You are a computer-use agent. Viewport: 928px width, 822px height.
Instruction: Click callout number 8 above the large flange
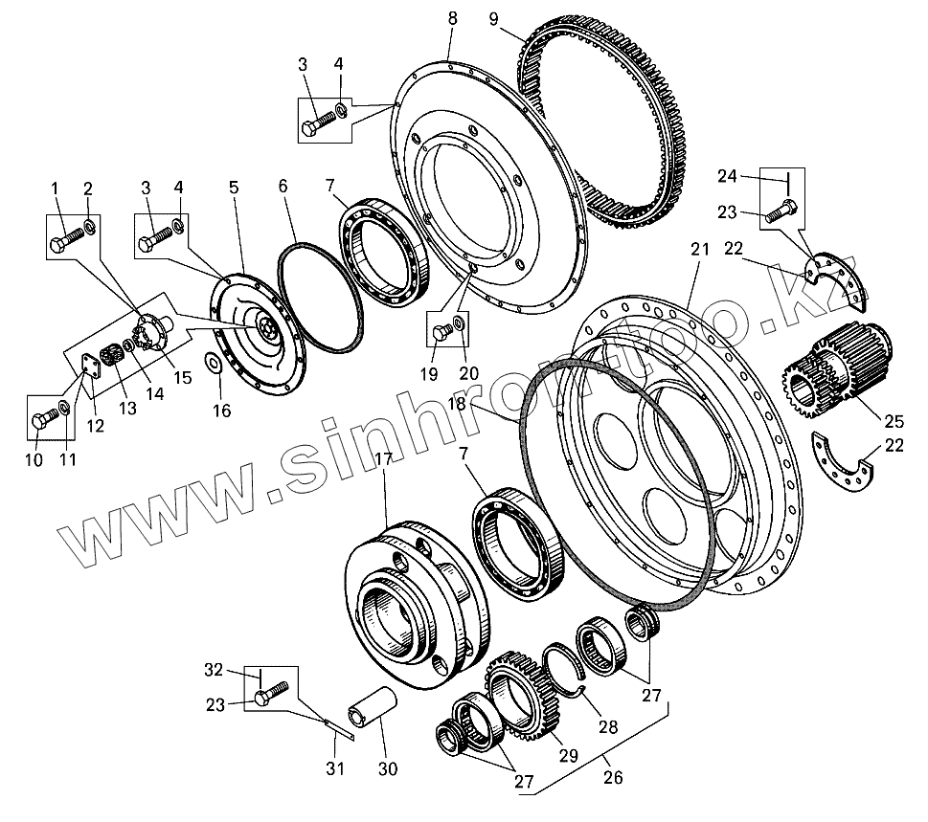pyautogui.click(x=452, y=18)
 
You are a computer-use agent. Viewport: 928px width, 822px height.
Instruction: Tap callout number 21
pyautogui.click(x=698, y=250)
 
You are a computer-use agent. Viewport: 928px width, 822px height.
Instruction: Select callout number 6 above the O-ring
pyautogui.click(x=283, y=188)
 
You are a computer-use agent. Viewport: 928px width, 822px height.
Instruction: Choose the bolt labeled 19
pyautogui.click(x=442, y=332)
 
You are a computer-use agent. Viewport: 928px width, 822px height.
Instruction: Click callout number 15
pyautogui.click(x=181, y=377)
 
